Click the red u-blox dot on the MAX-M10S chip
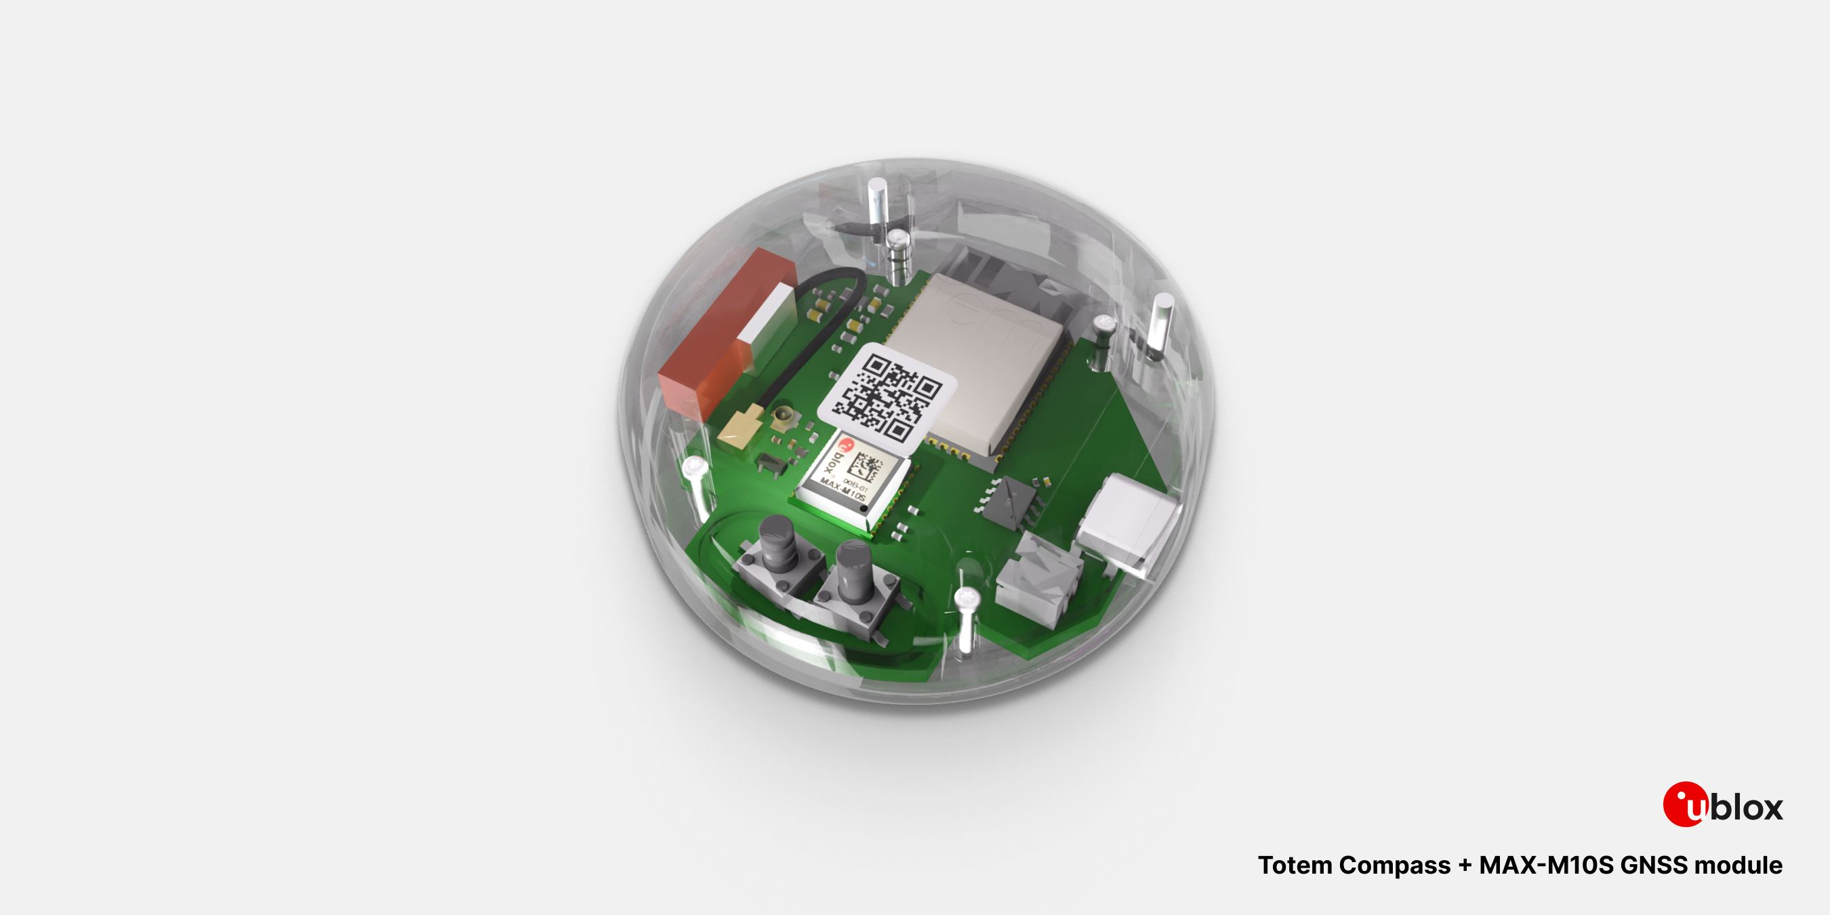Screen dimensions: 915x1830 point(845,447)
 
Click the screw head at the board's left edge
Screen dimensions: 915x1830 point(693,467)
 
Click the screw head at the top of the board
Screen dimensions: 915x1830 point(898,238)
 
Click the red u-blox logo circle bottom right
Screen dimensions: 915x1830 point(1684,804)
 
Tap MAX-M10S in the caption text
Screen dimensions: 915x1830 point(1546,866)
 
